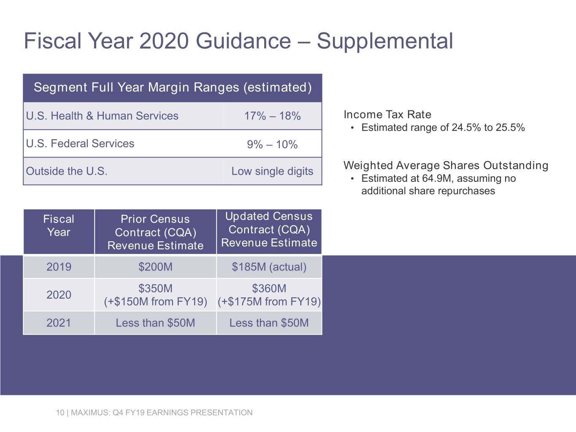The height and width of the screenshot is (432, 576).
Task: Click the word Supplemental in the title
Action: tap(384, 41)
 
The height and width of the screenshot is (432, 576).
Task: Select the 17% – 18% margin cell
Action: tap(272, 116)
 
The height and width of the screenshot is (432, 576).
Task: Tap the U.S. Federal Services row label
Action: tap(80, 143)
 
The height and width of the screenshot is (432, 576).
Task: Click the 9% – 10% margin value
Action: tap(272, 145)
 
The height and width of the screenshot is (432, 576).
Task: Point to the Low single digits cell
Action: tap(272, 171)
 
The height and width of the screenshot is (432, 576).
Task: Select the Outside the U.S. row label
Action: tap(67, 171)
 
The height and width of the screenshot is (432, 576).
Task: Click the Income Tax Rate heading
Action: tap(387, 115)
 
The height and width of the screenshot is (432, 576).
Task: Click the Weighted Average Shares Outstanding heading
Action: tap(446, 165)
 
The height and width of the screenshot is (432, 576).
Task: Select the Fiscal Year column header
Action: tap(59, 226)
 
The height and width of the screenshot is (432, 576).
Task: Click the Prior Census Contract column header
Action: tap(155, 232)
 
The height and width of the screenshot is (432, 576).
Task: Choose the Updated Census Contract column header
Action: tap(269, 229)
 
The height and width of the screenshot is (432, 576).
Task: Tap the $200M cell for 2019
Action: tap(155, 267)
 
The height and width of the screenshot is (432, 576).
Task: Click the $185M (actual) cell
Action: tap(269, 267)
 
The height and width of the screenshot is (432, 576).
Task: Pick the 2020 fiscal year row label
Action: tap(59, 295)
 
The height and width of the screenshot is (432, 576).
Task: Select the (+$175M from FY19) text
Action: tap(269, 302)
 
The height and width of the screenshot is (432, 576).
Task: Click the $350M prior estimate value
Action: tap(155, 289)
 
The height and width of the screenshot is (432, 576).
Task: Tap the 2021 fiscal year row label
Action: tap(59, 323)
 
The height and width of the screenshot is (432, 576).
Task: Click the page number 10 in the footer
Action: tap(59, 413)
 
